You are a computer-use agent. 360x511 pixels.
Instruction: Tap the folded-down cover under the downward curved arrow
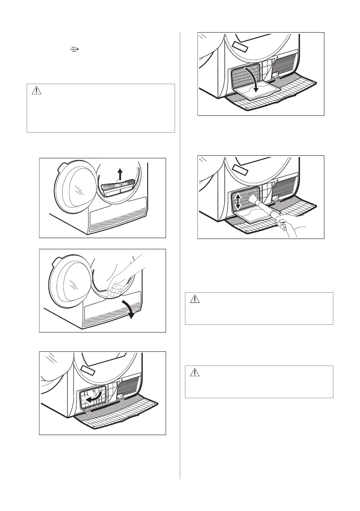pos(257,92)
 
